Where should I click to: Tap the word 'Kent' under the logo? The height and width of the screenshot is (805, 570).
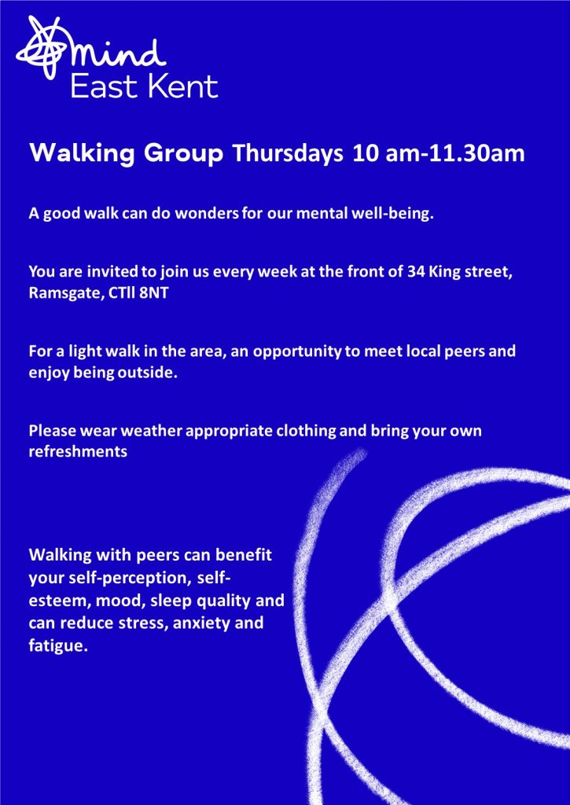(x=185, y=86)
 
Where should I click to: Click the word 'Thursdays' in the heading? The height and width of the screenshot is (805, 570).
(x=286, y=153)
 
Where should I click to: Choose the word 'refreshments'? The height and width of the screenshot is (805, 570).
(x=78, y=450)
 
